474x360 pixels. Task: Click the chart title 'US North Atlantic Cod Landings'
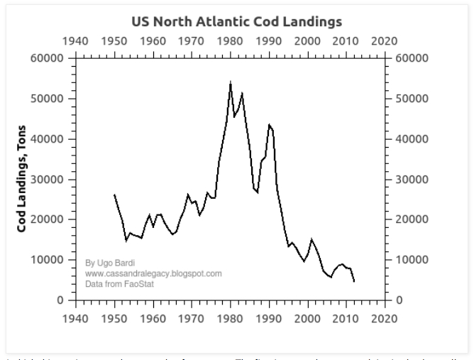pos(237,21)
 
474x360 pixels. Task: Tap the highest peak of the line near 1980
pos(231,82)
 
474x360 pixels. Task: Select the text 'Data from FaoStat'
pos(119,284)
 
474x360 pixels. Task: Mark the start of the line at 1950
pos(114,195)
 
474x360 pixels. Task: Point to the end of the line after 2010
pos(353,281)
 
